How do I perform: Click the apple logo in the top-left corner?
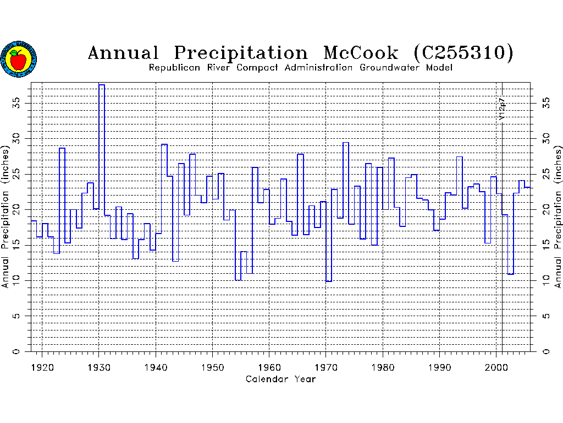click(19, 58)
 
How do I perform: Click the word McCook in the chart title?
click(361, 53)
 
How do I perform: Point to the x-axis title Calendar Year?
click(280, 379)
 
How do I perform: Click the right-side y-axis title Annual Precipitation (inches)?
click(559, 216)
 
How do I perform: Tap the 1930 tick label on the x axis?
click(99, 366)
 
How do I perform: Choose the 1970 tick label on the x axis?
click(326, 366)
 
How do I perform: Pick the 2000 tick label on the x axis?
click(496, 366)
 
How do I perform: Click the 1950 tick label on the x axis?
click(213, 366)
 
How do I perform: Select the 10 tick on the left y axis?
click(18, 280)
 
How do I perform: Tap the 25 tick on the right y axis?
click(544, 173)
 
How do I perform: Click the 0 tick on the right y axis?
click(544, 351)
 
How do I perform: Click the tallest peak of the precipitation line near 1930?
click(102, 85)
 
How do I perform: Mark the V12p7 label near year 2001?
click(501, 110)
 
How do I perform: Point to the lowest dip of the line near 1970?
click(328, 281)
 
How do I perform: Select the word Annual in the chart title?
click(123, 53)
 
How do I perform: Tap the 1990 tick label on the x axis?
click(440, 366)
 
